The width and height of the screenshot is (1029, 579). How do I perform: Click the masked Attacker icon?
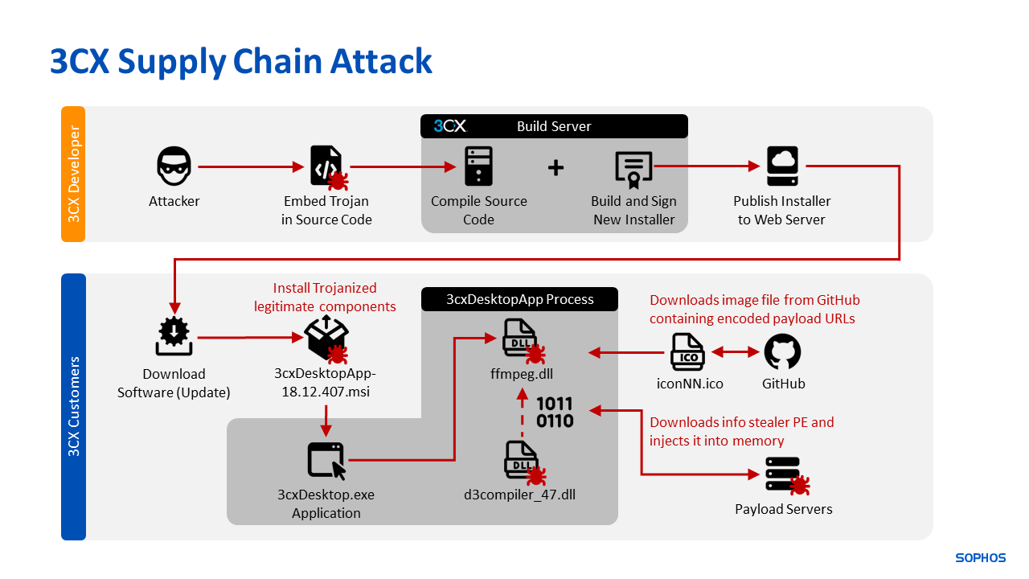click(174, 166)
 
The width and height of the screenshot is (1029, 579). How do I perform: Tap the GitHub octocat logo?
click(782, 352)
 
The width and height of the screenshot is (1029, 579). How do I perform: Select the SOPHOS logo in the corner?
click(980, 557)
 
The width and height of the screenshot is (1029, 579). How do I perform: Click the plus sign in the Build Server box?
click(555, 167)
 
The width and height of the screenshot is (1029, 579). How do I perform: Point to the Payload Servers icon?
click(784, 474)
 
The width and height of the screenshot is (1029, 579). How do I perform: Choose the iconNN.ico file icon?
click(688, 352)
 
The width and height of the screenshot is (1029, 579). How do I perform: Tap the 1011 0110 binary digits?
click(555, 412)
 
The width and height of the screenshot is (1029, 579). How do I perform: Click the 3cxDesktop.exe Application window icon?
click(326, 461)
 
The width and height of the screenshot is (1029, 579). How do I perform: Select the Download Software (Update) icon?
click(174, 337)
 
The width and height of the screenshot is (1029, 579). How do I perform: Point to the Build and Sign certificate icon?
click(633, 167)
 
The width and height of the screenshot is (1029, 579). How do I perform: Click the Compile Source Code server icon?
click(478, 167)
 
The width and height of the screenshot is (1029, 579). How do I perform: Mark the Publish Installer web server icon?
click(782, 166)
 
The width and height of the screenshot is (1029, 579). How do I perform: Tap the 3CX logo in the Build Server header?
click(450, 126)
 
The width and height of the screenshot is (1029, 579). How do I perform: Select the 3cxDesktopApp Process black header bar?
click(519, 299)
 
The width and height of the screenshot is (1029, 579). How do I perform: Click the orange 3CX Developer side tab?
click(73, 174)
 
